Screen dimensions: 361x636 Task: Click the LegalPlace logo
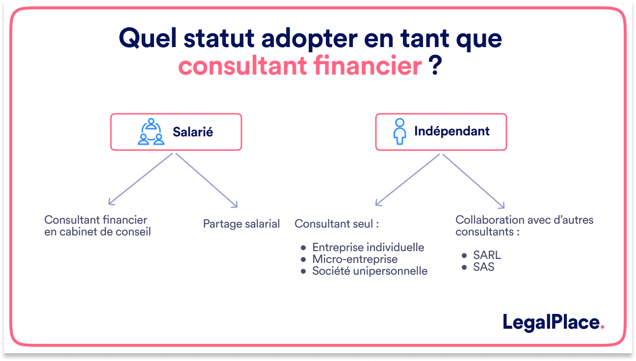click(554, 322)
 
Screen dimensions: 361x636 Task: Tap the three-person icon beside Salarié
click(151, 132)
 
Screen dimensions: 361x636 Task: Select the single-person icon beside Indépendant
click(400, 131)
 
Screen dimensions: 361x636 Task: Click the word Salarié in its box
click(192, 132)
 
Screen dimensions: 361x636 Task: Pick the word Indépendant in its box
click(451, 131)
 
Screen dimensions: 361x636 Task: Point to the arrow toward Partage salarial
click(206, 180)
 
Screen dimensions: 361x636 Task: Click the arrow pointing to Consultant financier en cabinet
click(141, 179)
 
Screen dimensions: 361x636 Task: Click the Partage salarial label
click(241, 224)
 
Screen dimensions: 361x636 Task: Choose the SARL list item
click(487, 256)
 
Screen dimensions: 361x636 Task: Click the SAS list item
click(483, 267)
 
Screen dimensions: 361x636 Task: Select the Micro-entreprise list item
click(355, 259)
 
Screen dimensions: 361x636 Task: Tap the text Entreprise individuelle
click(368, 247)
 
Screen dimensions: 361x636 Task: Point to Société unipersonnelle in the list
click(370, 271)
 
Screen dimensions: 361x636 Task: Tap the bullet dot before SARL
click(464, 256)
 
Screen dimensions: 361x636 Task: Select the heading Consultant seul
click(337, 224)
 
